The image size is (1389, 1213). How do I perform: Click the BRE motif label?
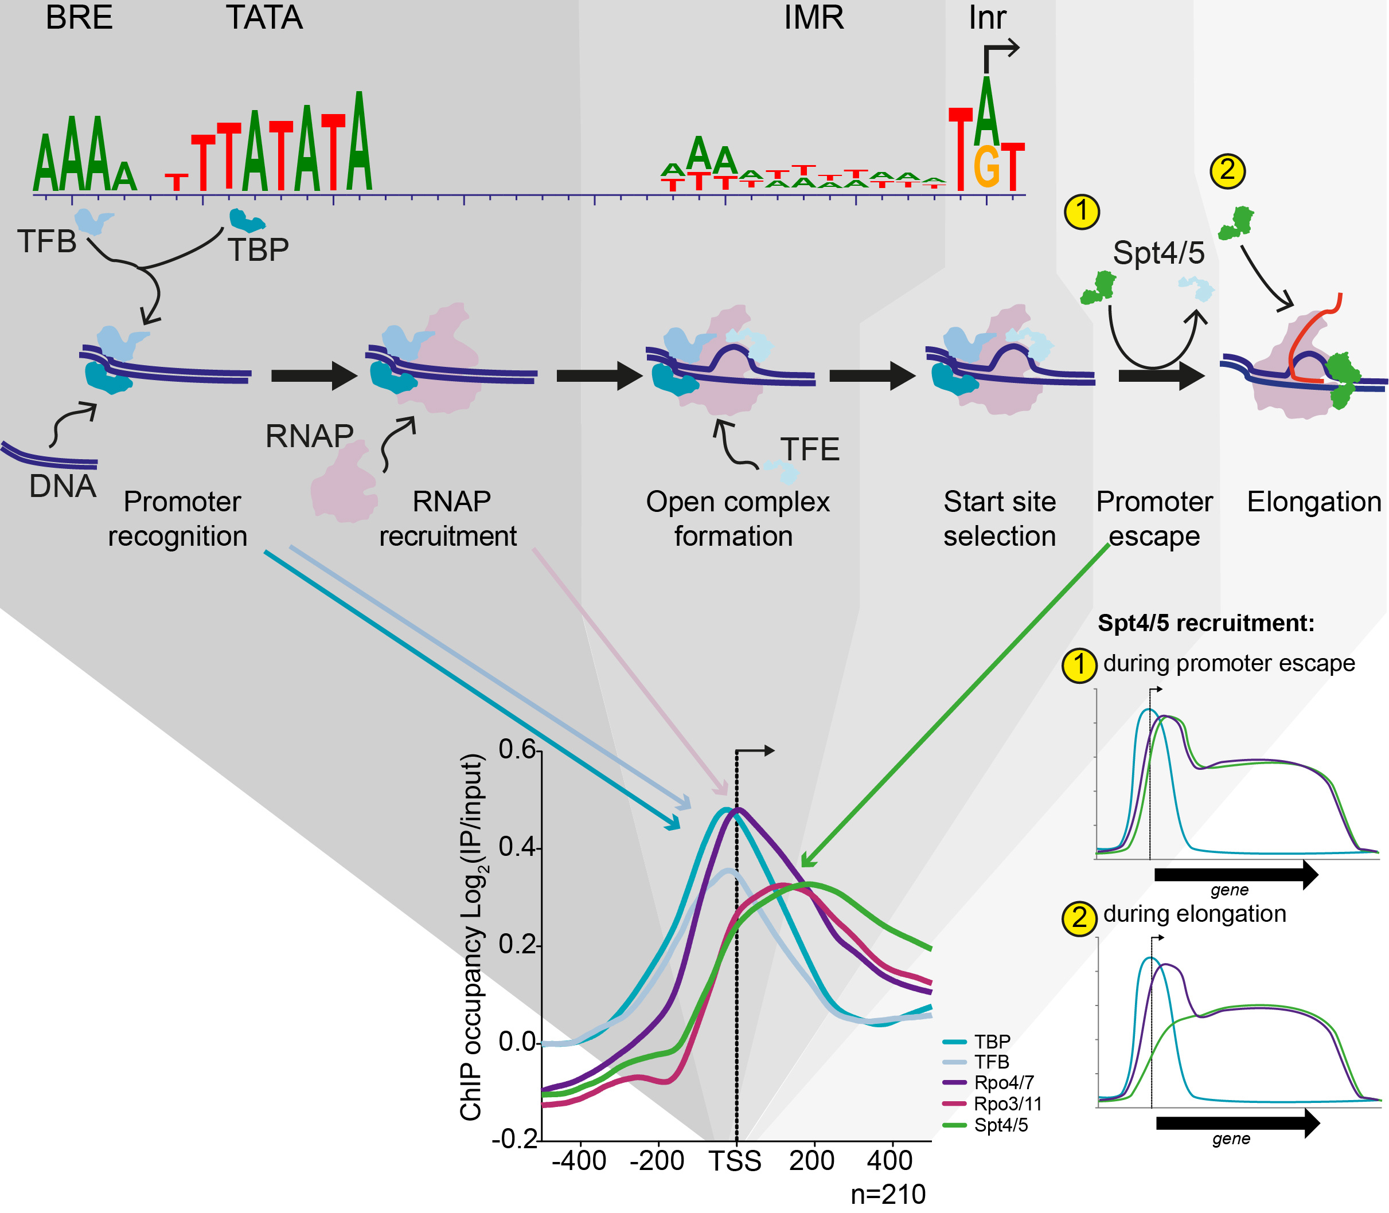pos(79,18)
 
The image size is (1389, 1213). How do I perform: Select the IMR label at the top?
pos(813,18)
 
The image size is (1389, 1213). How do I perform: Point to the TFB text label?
pos(46,242)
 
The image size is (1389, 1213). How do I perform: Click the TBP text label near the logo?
pos(258,250)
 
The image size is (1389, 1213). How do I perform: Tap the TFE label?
pos(809,449)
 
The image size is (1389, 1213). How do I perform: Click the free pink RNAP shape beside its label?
pos(344,483)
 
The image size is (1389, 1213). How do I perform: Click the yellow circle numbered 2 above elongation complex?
pos(1227,171)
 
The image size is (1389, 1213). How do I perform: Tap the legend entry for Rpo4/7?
pos(1003,1083)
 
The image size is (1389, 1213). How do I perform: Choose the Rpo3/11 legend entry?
pos(1007,1104)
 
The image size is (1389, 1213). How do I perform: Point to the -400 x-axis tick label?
pos(579,1161)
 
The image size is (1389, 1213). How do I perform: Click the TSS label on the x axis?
pos(735,1161)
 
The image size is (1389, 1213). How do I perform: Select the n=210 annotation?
pos(888,1195)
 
